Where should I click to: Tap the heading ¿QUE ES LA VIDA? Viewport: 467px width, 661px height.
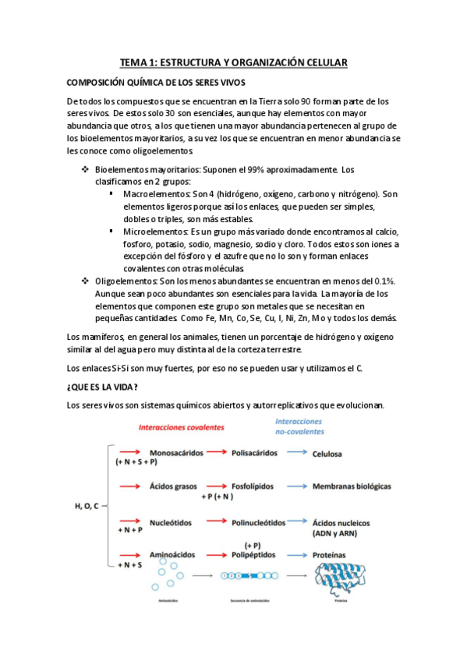103,387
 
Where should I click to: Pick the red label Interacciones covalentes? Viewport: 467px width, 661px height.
181,427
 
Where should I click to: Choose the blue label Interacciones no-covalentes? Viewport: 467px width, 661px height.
300,426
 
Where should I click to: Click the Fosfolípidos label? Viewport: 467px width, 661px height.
253,486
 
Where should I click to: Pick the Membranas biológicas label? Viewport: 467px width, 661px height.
351,486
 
